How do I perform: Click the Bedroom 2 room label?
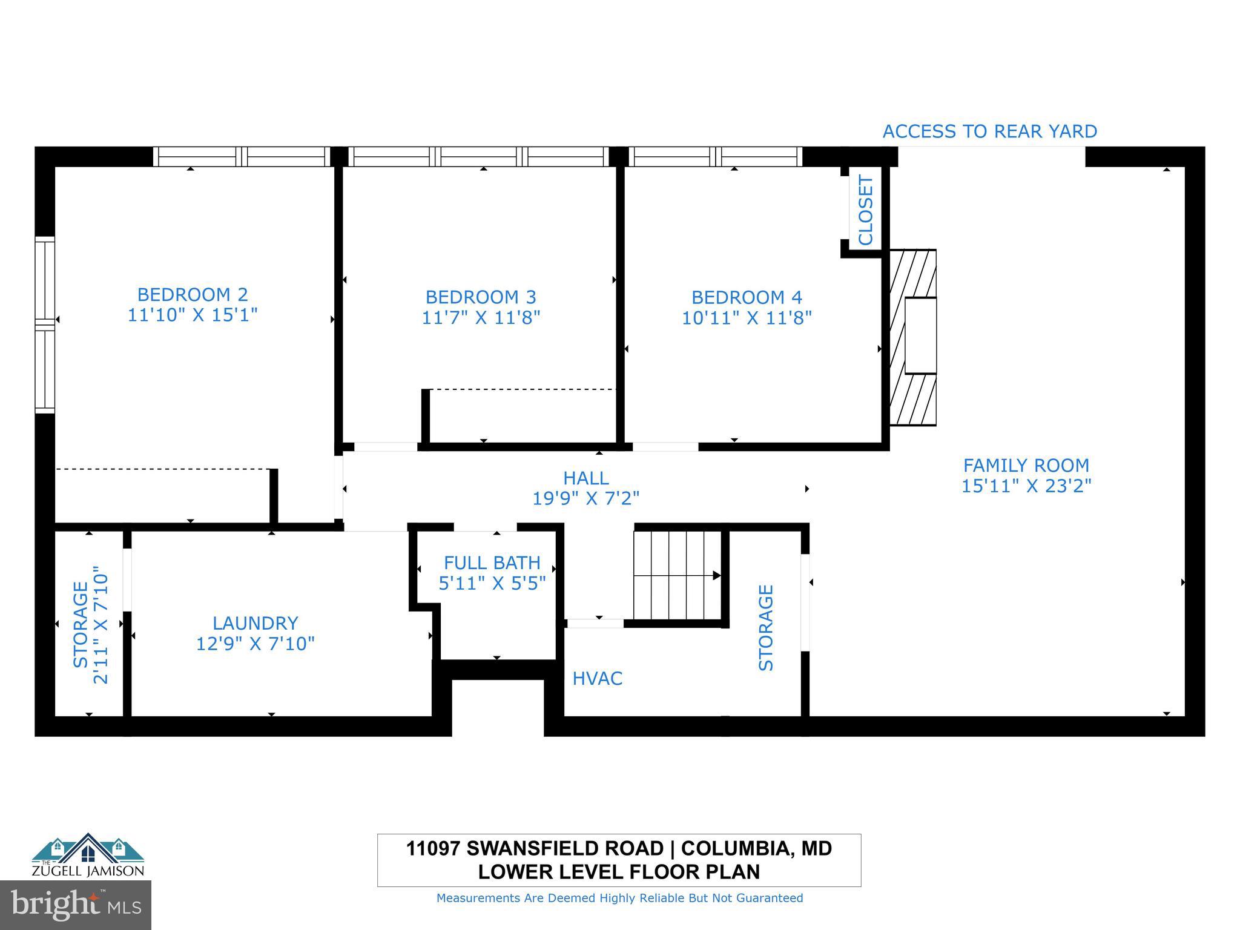[193, 295]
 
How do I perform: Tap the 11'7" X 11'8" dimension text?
[481, 317]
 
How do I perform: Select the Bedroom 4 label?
[747, 297]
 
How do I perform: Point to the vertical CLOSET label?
[866, 210]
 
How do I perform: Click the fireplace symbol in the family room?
[913, 337]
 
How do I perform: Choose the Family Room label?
[1026, 465]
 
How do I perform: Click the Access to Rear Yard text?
[989, 131]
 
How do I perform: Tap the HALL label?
[585, 478]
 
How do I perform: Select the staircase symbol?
[678, 575]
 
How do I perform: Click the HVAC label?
[597, 678]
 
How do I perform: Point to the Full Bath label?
[492, 562]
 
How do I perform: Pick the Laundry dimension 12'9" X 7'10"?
[255, 643]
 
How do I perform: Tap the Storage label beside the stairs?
[766, 627]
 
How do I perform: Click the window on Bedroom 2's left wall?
[45, 325]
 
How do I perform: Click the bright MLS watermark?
[76, 905]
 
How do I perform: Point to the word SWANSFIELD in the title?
[564, 848]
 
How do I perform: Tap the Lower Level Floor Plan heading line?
[619, 872]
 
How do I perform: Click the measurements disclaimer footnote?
[619, 898]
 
